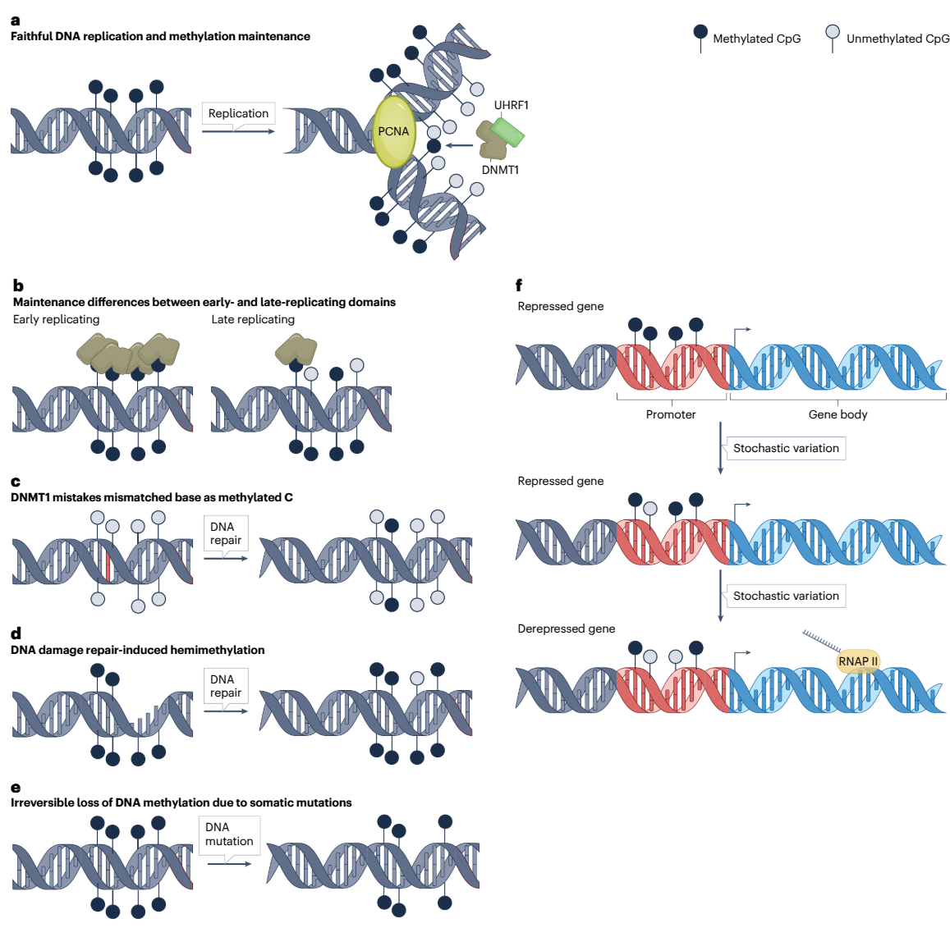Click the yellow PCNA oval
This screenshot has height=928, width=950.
(394, 131)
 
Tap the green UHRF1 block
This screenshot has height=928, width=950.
(507, 132)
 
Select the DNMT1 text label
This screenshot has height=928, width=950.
(500, 170)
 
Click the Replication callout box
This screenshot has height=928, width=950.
(238, 114)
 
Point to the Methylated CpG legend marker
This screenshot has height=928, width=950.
(700, 33)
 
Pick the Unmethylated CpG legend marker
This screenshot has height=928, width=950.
(833, 33)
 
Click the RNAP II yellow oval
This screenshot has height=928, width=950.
(858, 661)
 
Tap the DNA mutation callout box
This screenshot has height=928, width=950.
(229, 834)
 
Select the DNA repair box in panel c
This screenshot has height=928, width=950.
(226, 533)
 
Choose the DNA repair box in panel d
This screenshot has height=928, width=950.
(226, 686)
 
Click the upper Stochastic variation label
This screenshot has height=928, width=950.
(786, 448)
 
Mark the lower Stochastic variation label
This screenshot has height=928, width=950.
(786, 596)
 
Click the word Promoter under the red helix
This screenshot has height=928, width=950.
(671, 414)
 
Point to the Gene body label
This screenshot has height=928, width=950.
(838, 414)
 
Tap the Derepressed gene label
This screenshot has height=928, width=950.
(567, 629)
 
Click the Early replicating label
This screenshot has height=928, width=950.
(56, 319)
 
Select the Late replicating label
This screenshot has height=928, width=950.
(253, 319)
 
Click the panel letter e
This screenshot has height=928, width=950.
(16, 788)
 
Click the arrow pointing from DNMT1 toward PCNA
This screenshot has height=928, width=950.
(460, 146)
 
